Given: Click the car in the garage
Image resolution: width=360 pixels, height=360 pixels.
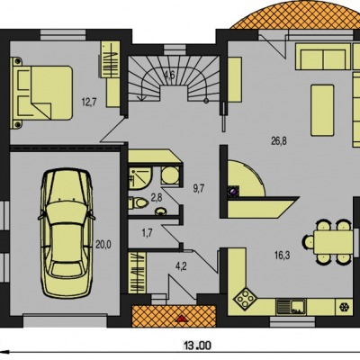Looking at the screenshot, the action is pyautogui.click(x=66, y=233).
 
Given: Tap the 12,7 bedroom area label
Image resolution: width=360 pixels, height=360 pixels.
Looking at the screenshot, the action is pyautogui.click(x=89, y=103).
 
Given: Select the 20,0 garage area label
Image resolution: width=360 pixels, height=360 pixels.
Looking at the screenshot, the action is pyautogui.click(x=103, y=245).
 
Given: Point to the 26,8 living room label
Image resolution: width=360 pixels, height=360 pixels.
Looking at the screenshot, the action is pyautogui.click(x=279, y=141).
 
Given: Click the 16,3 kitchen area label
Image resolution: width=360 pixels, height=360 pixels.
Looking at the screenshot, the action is pyautogui.click(x=282, y=256).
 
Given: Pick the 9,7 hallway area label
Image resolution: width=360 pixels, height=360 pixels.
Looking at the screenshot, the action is pyautogui.click(x=199, y=188).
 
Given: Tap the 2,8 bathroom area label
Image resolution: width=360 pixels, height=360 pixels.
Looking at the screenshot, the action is pyautogui.click(x=157, y=197).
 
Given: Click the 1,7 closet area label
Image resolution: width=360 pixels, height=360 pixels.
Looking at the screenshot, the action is pyautogui.click(x=147, y=233).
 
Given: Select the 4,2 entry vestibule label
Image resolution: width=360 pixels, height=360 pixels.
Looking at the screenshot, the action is pyautogui.click(x=181, y=265).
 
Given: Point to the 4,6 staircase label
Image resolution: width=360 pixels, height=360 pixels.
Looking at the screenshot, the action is pyautogui.click(x=169, y=74).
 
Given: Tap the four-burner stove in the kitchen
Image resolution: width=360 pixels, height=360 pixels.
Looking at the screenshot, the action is pyautogui.click(x=246, y=298).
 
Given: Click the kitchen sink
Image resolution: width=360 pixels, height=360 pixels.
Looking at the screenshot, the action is pyautogui.click(x=291, y=307).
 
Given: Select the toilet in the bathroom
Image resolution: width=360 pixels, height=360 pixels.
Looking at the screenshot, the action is pyautogui.click(x=139, y=203).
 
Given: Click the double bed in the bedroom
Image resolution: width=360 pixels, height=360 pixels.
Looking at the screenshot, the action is pyautogui.click(x=41, y=94).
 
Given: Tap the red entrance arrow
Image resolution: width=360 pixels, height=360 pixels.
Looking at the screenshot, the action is pyautogui.click(x=181, y=319).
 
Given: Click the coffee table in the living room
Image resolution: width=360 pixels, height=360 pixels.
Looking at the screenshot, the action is pyautogui.click(x=322, y=110).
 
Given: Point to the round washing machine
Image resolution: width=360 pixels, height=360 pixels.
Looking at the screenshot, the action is pyautogui.click(x=170, y=175).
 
